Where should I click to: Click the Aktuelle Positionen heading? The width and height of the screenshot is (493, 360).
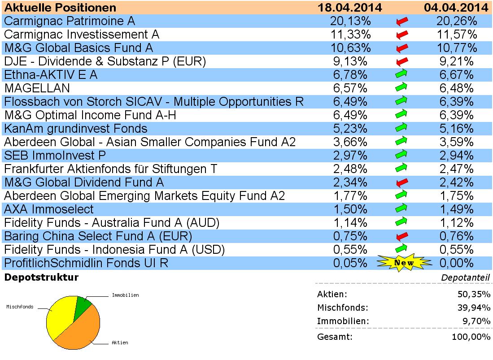(60, 8)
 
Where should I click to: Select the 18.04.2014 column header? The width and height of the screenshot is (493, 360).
(349, 8)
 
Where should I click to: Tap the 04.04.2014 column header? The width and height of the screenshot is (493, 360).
(456, 8)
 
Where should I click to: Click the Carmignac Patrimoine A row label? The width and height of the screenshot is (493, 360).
(69, 21)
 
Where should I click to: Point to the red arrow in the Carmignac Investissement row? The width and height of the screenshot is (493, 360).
(402, 35)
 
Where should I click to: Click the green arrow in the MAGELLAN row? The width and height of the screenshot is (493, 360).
(402, 88)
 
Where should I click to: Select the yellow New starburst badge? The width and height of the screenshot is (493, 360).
(404, 263)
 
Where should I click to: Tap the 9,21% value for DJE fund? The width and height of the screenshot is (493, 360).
(455, 61)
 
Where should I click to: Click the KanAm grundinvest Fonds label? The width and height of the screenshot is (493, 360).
(75, 129)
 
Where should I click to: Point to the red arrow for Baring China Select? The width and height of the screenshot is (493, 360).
(402, 236)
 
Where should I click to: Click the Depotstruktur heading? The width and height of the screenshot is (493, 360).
(41, 278)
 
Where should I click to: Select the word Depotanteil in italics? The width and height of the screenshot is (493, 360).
(465, 278)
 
